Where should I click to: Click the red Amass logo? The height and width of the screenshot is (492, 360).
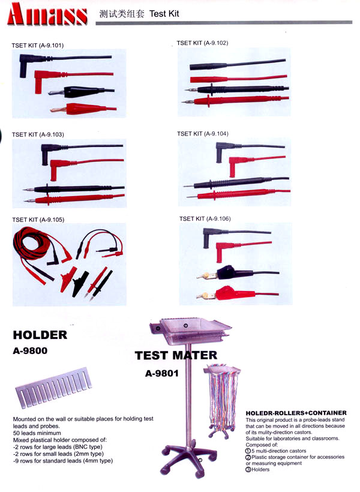[47, 14]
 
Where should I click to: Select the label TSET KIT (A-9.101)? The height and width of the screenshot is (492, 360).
[38, 46]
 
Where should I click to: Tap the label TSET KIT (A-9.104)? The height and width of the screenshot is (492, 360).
[202, 134]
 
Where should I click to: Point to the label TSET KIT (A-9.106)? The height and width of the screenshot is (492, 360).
[205, 219]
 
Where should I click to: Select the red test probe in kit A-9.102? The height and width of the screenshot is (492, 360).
[235, 100]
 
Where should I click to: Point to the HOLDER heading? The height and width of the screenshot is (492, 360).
[40, 335]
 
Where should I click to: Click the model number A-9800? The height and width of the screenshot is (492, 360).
[30, 351]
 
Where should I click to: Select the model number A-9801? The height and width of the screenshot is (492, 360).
[161, 373]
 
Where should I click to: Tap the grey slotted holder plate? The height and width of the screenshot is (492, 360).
[53, 388]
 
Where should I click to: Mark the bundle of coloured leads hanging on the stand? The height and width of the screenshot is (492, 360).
[222, 398]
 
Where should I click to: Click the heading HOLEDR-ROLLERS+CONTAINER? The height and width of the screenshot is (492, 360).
[296, 413]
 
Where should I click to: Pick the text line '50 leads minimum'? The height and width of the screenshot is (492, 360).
[37, 433]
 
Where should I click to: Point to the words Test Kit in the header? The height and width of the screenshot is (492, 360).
[164, 14]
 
